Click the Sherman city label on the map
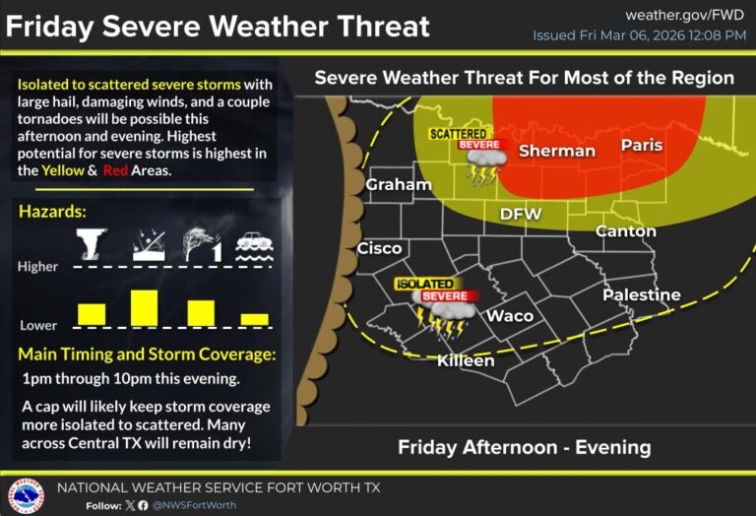tap(556, 151)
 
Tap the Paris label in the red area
tap(641, 146)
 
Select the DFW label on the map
tap(521, 214)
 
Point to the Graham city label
tap(399, 184)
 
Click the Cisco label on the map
tap(379, 248)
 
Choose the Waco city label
tap(511, 315)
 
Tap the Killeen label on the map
tap(466, 360)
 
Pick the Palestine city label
tap(641, 294)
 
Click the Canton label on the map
tap(625, 230)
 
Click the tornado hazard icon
tap(92, 243)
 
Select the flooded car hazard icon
tap(254, 245)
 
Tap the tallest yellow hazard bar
tap(145, 307)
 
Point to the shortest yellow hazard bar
tap(254, 319)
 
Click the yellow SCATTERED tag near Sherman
tap(457, 133)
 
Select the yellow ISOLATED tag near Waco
tap(424, 284)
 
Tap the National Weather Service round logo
tap(26, 495)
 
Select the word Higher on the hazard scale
tap(37, 266)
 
